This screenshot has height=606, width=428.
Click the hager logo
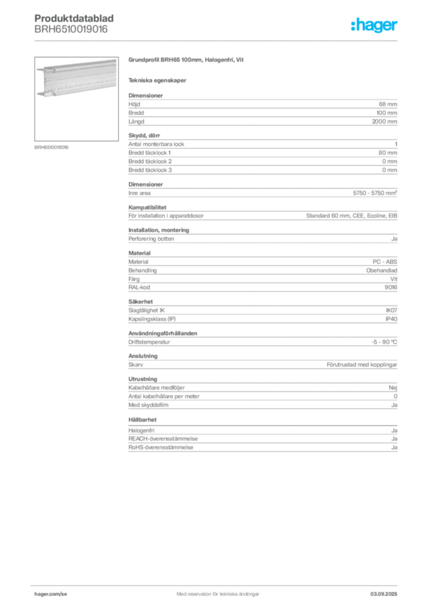[374, 25]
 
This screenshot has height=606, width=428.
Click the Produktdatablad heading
[74, 18]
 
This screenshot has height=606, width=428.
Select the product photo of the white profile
[76, 99]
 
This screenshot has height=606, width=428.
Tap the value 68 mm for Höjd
[388, 104]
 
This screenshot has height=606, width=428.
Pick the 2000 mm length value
[384, 121]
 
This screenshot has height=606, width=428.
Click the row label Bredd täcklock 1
[150, 153]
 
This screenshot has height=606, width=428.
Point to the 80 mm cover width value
[388, 153]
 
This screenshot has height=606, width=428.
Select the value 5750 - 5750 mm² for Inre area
[375, 193]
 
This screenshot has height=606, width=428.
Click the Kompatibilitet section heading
[147, 207]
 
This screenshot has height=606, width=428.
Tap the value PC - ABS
[385, 262]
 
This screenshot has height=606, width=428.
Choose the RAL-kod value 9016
[391, 287]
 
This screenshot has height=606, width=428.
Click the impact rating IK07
[391, 310]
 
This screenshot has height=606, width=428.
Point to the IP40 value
[391, 319]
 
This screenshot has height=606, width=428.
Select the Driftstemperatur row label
[149, 342]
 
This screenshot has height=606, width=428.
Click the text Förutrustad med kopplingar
[362, 365]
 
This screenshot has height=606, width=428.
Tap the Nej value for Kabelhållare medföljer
[393, 388]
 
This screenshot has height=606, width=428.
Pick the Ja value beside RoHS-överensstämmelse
[394, 447]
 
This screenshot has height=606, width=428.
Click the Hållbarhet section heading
[142, 420]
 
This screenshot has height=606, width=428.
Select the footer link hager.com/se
[51, 594]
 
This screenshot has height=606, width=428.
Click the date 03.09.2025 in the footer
[384, 594]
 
